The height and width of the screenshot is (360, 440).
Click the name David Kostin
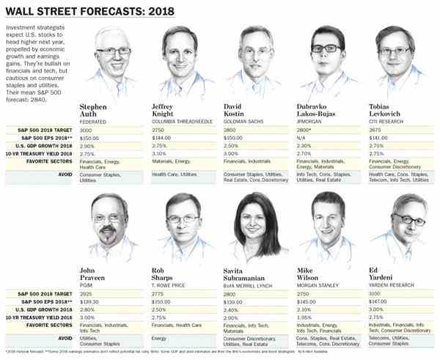238,111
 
